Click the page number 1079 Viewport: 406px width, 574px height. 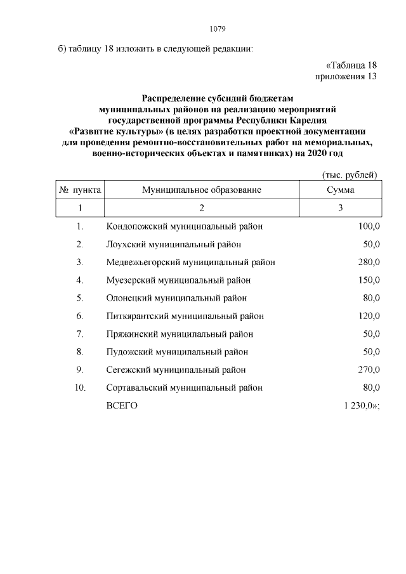pyautogui.click(x=218, y=29)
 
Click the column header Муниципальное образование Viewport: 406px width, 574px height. pyautogui.click(x=202, y=190)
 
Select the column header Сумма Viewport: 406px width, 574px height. pyautogui.click(x=340, y=190)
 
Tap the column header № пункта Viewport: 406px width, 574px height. pyautogui.click(x=80, y=190)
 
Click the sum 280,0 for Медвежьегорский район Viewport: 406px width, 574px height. pyautogui.click(x=368, y=262)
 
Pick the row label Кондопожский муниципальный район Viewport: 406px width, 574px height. pyautogui.click(x=184, y=226)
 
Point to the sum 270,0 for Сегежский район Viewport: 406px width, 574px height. pyautogui.click(x=368, y=370)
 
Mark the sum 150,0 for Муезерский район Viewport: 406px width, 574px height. pyautogui.click(x=368, y=280)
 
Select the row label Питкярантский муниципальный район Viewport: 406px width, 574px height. pyautogui.click(x=185, y=316)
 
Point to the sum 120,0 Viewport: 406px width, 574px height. pyautogui.click(x=368, y=316)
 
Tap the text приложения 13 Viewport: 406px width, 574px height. pyautogui.click(x=346, y=77)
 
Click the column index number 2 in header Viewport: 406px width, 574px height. pyautogui.click(x=202, y=208)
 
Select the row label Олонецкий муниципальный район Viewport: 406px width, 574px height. pyautogui.click(x=176, y=298)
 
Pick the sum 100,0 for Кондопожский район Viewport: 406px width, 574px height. pyautogui.click(x=368, y=226)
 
